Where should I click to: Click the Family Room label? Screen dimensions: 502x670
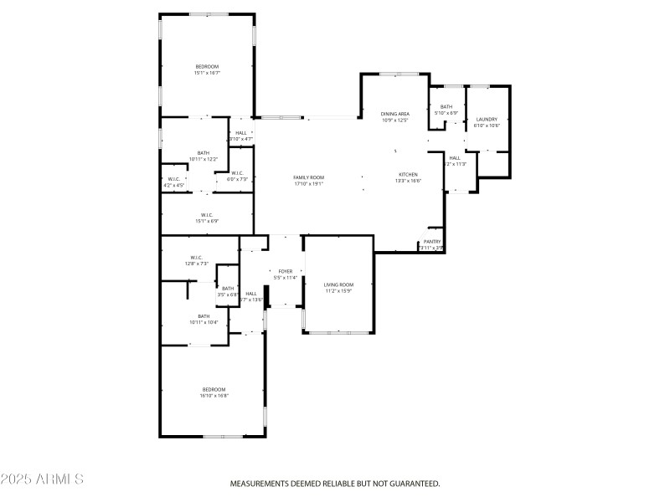[308, 177]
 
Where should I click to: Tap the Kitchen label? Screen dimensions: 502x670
[408, 174]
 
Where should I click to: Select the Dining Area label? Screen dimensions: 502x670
[394, 114]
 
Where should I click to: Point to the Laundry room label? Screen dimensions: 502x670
[487, 120]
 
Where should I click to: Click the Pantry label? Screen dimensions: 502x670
[431, 242]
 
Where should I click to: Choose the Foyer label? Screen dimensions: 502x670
[286, 272]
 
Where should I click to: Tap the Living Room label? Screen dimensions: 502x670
[339, 285]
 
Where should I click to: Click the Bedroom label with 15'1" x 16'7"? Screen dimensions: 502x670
[207, 67]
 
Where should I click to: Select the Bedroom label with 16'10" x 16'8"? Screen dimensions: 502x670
[214, 389]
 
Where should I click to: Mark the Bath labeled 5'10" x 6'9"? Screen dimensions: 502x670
[446, 107]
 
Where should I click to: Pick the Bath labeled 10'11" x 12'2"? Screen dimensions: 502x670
[203, 153]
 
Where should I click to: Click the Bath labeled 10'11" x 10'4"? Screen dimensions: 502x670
[203, 316]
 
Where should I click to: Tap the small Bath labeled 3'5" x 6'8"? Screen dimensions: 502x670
[228, 289]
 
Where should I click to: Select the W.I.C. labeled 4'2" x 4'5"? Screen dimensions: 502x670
[173, 179]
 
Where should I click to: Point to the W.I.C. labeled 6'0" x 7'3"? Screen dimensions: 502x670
[238, 173]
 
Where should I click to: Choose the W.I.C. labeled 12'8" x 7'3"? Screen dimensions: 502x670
[196, 258]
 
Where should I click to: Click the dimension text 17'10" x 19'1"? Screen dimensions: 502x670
[308, 183]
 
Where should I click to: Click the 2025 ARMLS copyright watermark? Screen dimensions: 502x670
[42, 479]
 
